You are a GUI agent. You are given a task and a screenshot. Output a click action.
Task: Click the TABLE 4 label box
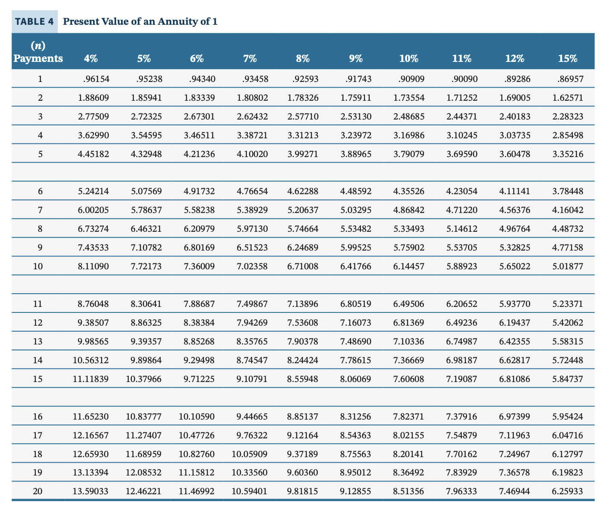(35, 22)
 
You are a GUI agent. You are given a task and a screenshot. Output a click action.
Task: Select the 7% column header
(250, 58)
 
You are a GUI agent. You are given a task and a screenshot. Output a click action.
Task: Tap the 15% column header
(567, 58)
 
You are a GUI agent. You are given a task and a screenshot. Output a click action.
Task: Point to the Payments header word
(38, 58)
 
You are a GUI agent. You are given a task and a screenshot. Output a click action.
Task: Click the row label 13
(38, 341)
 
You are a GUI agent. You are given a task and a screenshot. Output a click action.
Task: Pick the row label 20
(38, 491)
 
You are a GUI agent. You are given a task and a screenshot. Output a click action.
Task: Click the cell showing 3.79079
(409, 154)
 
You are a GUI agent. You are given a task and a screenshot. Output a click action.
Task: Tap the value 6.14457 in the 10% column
(409, 266)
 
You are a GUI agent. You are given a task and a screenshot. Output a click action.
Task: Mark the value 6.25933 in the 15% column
(567, 491)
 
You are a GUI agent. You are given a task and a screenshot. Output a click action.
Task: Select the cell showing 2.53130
(356, 117)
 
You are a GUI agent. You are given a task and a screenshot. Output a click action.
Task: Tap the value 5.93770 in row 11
(515, 304)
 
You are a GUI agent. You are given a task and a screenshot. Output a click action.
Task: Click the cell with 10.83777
(144, 417)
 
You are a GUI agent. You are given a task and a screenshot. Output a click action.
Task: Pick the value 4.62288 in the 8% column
(303, 191)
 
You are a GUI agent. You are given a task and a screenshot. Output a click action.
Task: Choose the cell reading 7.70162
(461, 454)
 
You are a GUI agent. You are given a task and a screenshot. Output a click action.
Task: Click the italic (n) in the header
(38, 45)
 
